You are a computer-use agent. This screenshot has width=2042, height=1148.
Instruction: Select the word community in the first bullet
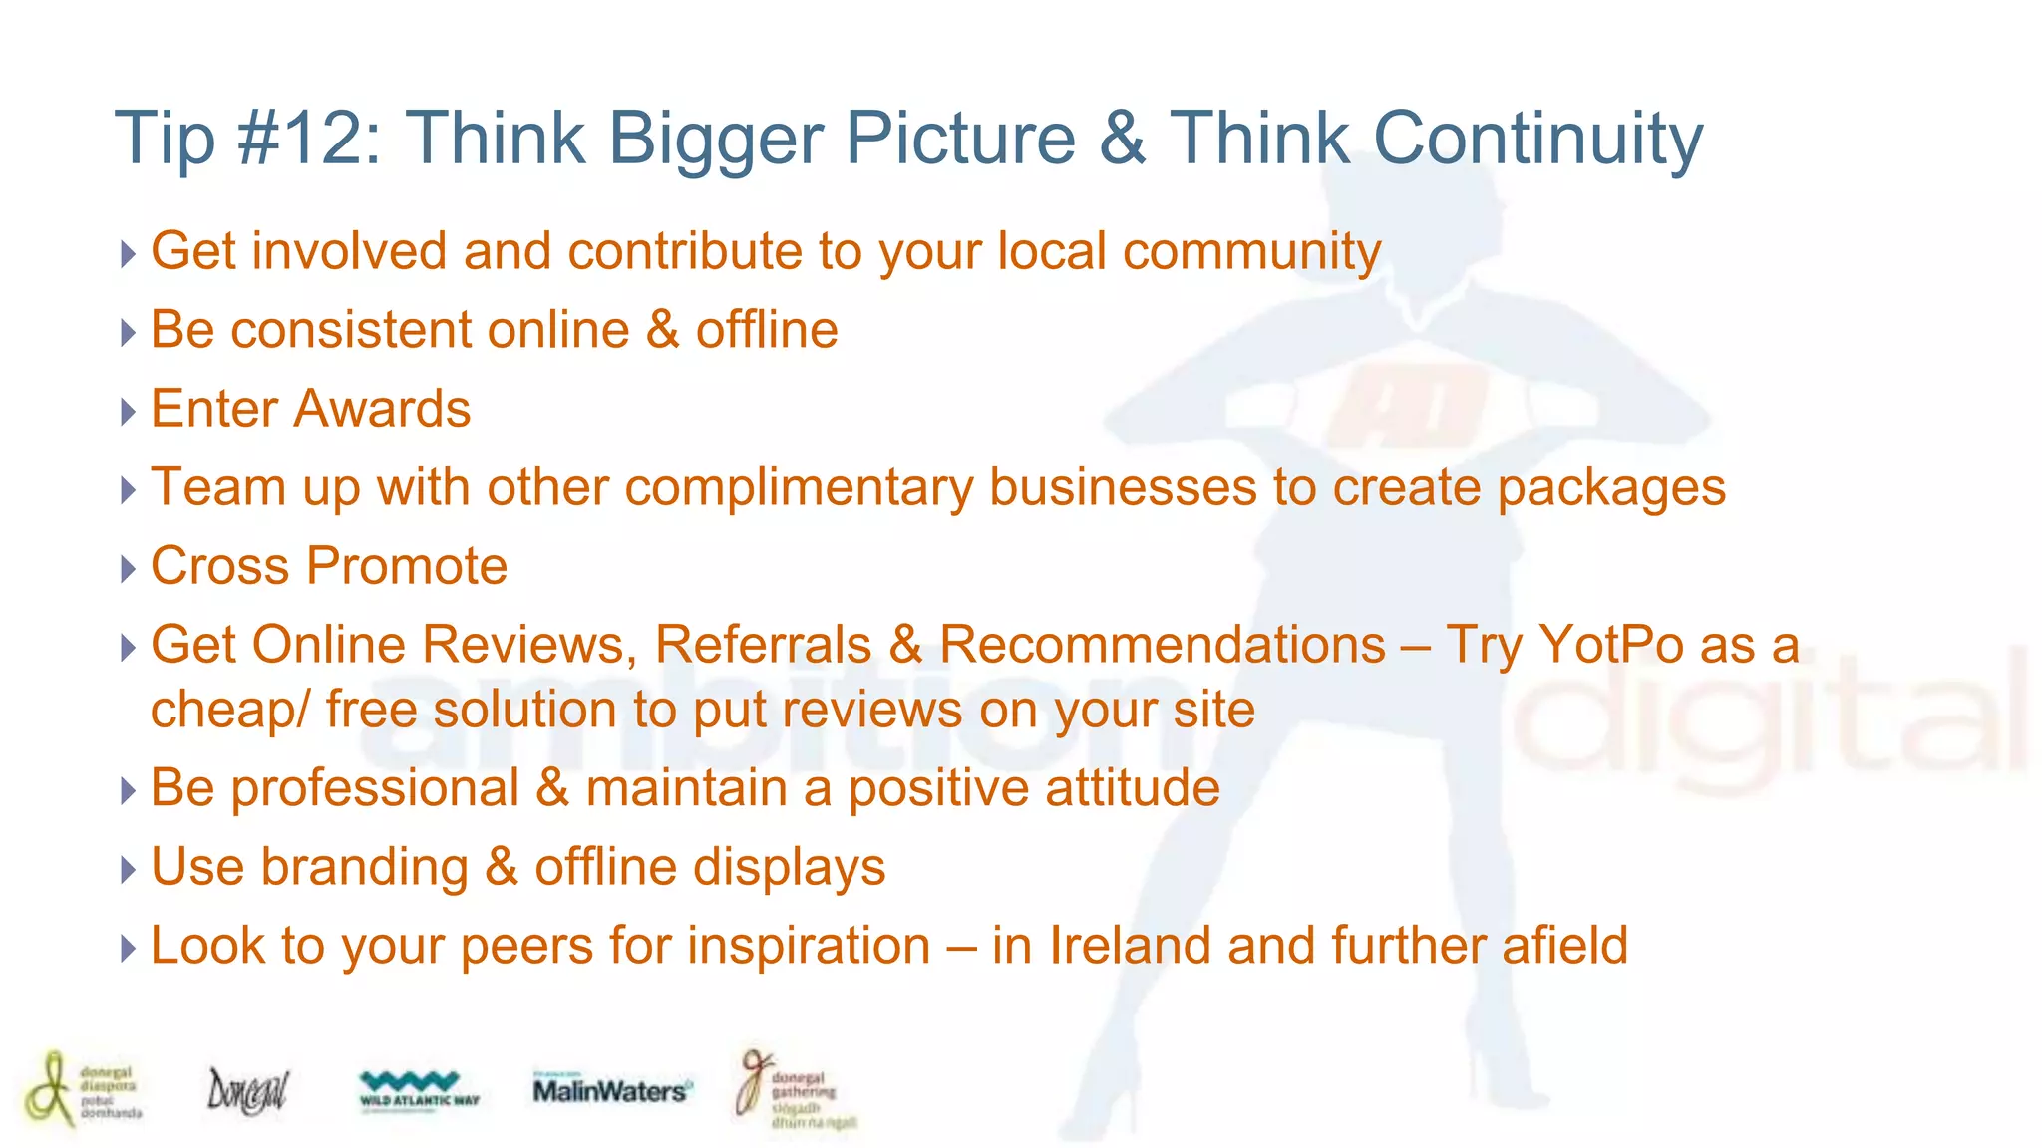click(1251, 251)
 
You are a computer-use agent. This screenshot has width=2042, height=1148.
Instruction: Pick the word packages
click(1611, 488)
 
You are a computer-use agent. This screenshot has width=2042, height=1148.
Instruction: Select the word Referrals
click(763, 645)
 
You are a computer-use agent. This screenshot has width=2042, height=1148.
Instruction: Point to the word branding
click(364, 867)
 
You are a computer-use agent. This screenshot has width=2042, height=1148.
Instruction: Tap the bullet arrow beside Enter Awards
click(127, 411)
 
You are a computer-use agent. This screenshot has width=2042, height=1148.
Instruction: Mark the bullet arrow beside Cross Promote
click(127, 568)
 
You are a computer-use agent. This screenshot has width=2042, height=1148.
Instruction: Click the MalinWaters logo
click(611, 1090)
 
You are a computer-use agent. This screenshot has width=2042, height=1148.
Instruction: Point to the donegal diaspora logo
click(83, 1088)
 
